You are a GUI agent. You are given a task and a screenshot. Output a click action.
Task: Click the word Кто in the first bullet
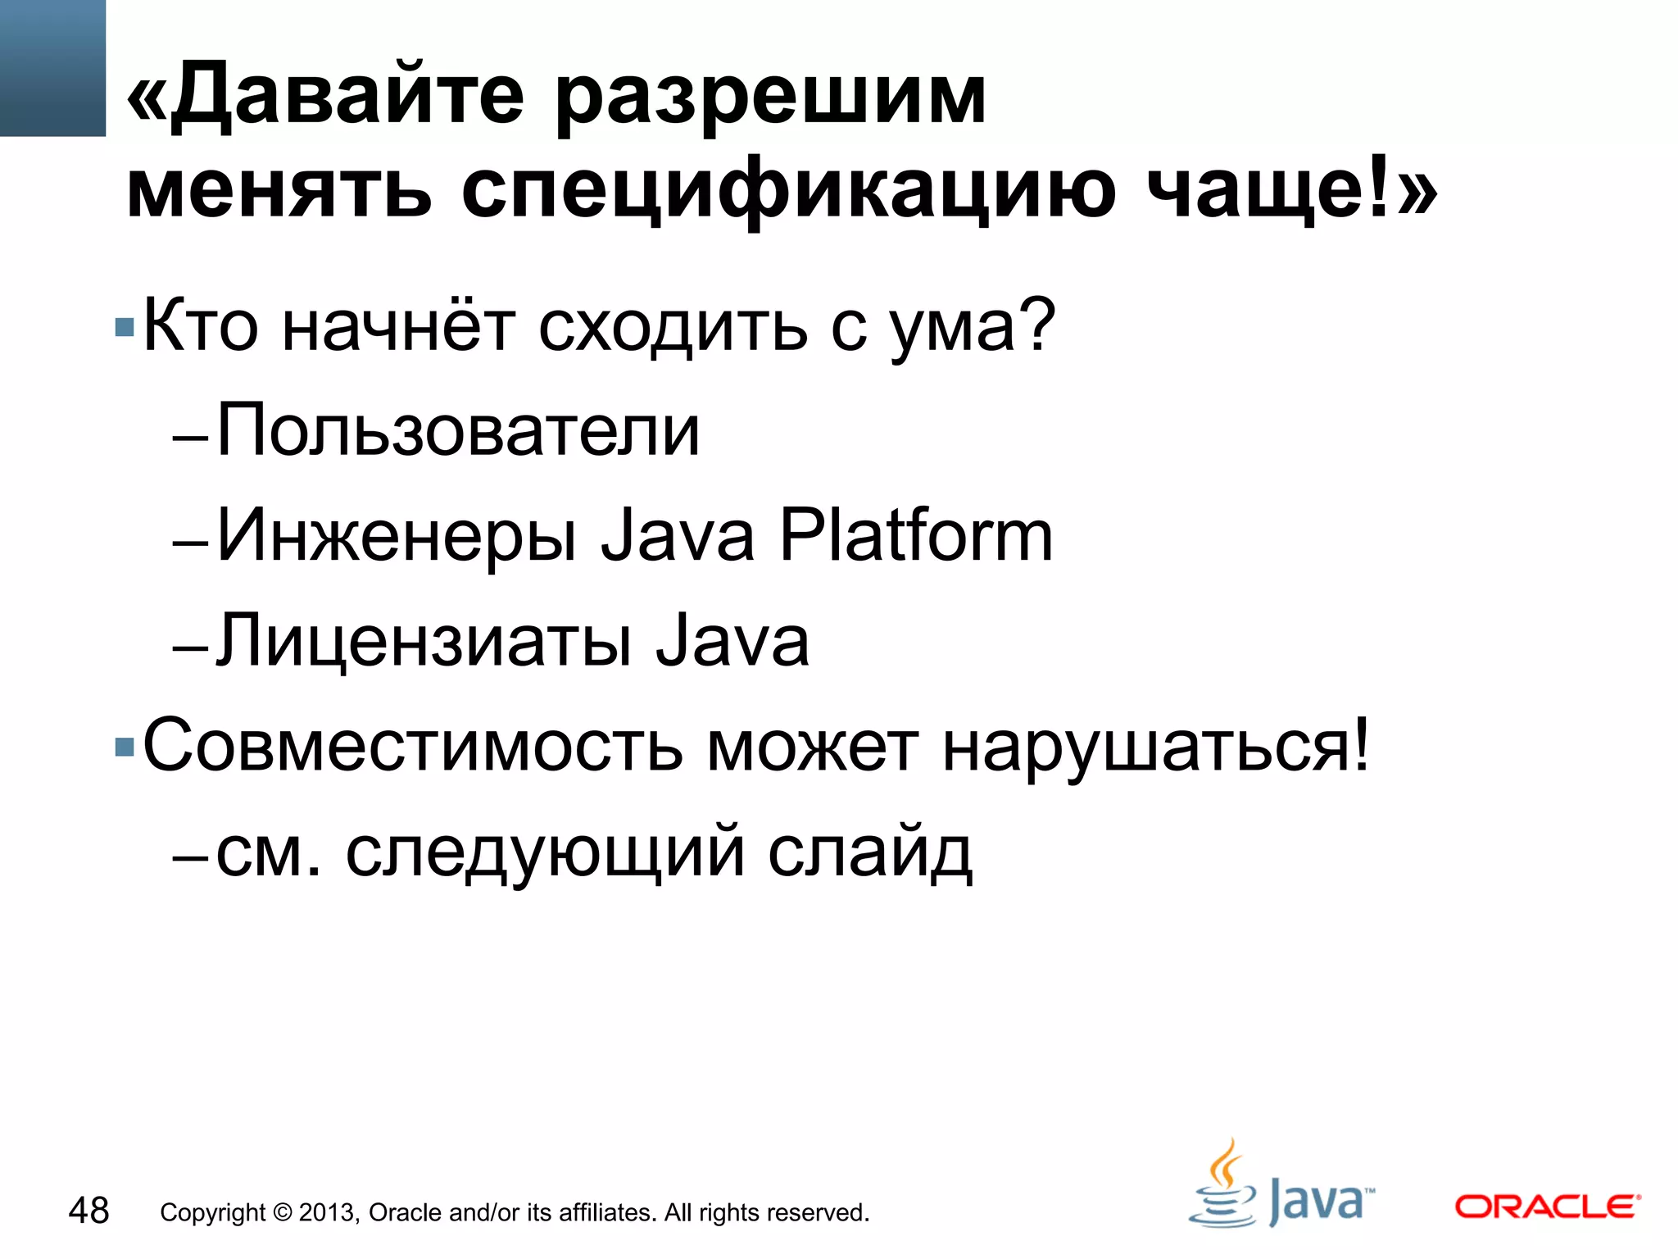(201, 326)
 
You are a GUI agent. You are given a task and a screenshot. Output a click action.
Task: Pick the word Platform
(915, 536)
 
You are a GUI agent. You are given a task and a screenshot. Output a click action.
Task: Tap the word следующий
(545, 852)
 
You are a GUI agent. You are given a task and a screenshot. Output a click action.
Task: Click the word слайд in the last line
(869, 852)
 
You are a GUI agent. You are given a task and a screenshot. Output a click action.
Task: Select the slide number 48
(88, 1211)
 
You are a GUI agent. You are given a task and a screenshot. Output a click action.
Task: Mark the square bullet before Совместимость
(125, 747)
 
